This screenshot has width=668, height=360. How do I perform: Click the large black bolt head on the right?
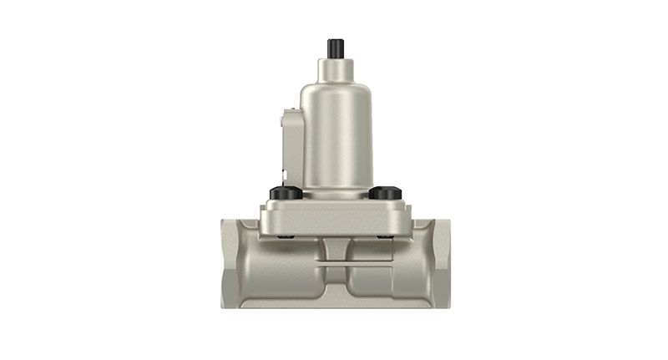[x=385, y=193]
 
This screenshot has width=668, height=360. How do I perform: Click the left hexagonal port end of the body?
[x=233, y=263]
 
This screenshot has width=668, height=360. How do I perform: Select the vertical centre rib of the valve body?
[x=336, y=251]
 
